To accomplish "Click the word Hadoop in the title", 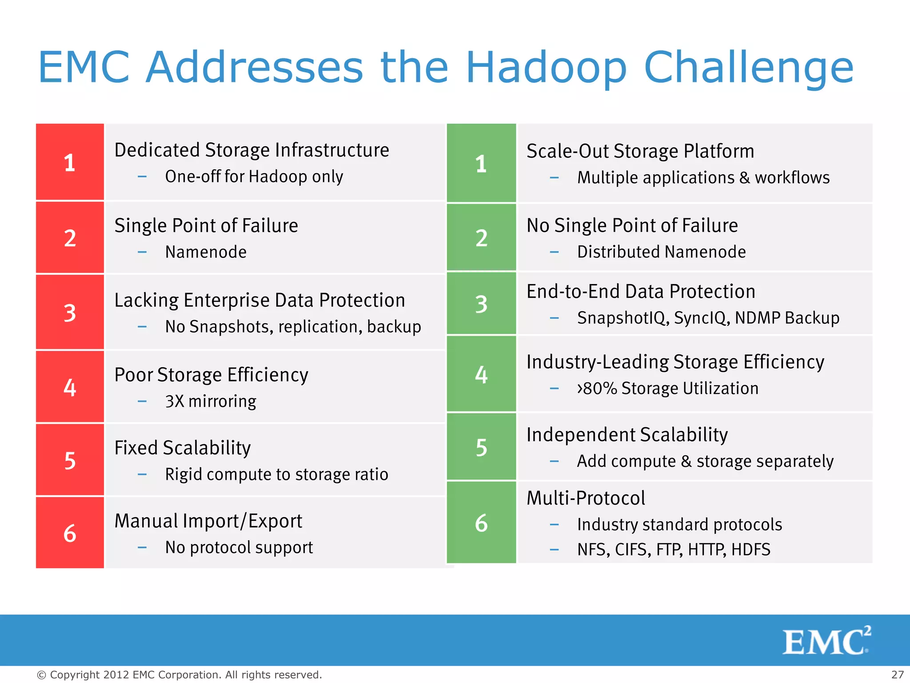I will [x=546, y=68].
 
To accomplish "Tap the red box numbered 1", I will [x=70, y=162].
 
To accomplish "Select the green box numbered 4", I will [x=481, y=374].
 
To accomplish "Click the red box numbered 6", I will [x=70, y=533].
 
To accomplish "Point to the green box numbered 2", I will [x=481, y=237].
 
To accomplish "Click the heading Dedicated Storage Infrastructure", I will [x=251, y=150].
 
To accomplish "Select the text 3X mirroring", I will [x=211, y=402].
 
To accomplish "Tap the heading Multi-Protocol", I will [x=586, y=498].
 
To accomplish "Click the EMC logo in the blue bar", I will [x=826, y=641].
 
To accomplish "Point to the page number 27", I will [x=897, y=675].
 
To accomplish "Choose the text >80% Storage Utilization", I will [x=667, y=389].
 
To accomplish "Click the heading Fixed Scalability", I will [x=183, y=448].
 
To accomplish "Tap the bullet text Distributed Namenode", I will [x=661, y=252].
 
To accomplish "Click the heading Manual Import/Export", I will [x=208, y=521].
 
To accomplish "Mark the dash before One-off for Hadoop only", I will [x=142, y=177].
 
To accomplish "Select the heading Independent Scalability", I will [x=627, y=435].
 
